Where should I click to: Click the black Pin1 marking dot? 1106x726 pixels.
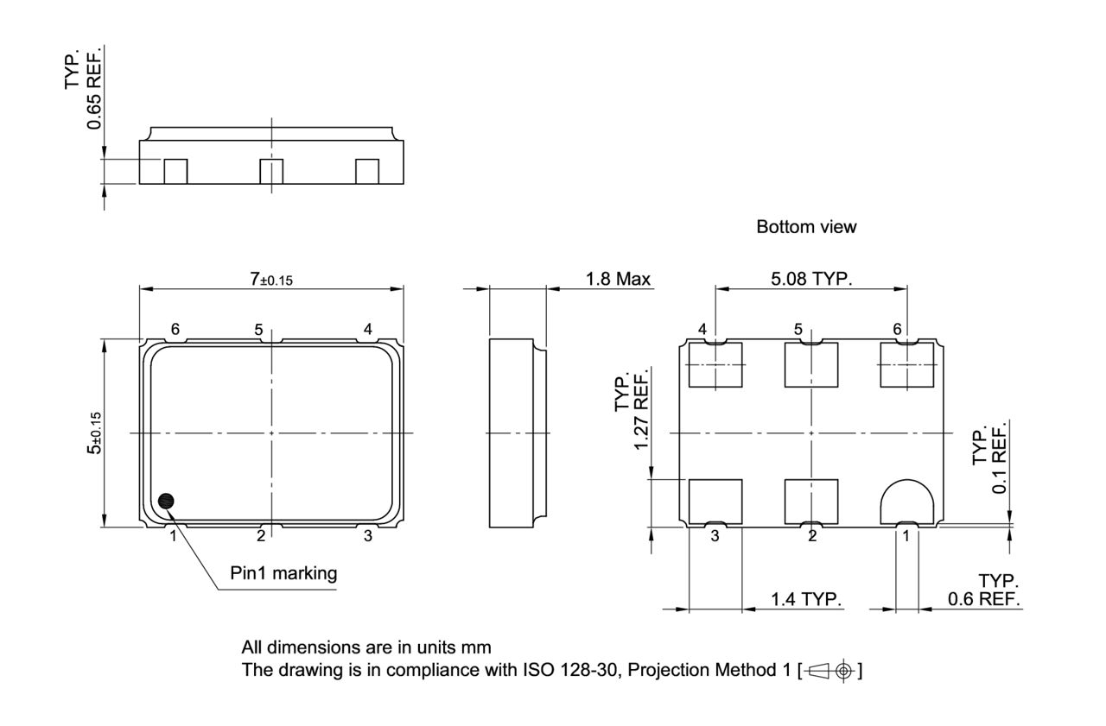coord(166,501)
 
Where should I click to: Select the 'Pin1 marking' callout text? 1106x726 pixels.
coord(283,573)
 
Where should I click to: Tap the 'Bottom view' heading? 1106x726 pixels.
coord(806,227)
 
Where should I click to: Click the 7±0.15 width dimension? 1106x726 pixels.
coord(271,279)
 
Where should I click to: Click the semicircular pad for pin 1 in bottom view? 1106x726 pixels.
coord(906,501)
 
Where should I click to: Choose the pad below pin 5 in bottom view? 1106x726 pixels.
coord(810,364)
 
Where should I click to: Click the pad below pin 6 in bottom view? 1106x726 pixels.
coord(906,364)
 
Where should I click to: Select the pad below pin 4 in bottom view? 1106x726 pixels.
coord(715,364)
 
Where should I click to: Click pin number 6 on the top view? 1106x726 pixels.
coord(175,329)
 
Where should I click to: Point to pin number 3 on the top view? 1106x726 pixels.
coord(367,536)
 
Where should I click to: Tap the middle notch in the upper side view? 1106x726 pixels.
coord(271,171)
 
